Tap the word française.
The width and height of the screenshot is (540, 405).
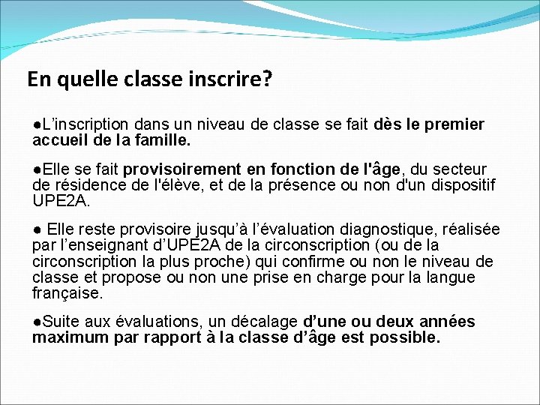[67, 292]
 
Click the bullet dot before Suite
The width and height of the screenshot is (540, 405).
[36, 322]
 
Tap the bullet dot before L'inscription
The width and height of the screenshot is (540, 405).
[36, 124]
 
